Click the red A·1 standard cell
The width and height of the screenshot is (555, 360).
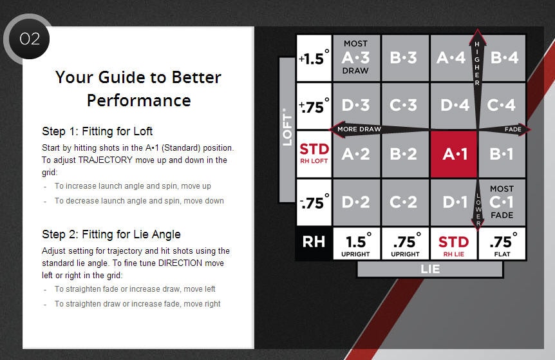pyautogui.click(x=454, y=155)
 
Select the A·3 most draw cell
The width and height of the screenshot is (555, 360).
pyautogui.click(x=357, y=58)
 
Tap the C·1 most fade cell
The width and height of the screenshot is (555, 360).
pyautogui.click(x=502, y=202)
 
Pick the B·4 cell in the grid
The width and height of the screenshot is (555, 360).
pyautogui.click(x=502, y=58)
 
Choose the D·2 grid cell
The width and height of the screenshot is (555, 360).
pyautogui.click(x=357, y=202)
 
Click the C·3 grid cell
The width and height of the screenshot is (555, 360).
pyautogui.click(x=405, y=106)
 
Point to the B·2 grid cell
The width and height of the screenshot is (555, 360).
pyautogui.click(x=405, y=155)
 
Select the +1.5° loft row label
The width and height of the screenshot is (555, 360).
pyautogui.click(x=314, y=58)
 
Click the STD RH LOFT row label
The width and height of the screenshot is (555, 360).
pyautogui.click(x=314, y=155)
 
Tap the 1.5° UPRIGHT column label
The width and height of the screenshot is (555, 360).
pyautogui.click(x=357, y=243)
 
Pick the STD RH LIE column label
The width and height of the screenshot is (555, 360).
pyautogui.click(x=454, y=243)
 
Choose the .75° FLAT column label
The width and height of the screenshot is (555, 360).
pyautogui.click(x=502, y=243)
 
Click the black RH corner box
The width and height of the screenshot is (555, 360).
pyautogui.click(x=314, y=243)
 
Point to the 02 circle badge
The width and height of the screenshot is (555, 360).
pyautogui.click(x=30, y=39)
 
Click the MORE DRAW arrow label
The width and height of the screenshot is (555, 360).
pyautogui.click(x=359, y=129)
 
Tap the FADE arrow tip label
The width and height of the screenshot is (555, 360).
pyautogui.click(x=513, y=129)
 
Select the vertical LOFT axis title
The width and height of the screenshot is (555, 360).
pyautogui.click(x=287, y=128)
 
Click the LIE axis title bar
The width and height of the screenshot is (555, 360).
pyautogui.click(x=430, y=269)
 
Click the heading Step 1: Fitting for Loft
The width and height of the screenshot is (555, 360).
pyautogui.click(x=97, y=131)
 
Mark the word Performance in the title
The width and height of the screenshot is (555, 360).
pyautogui.click(x=139, y=100)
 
